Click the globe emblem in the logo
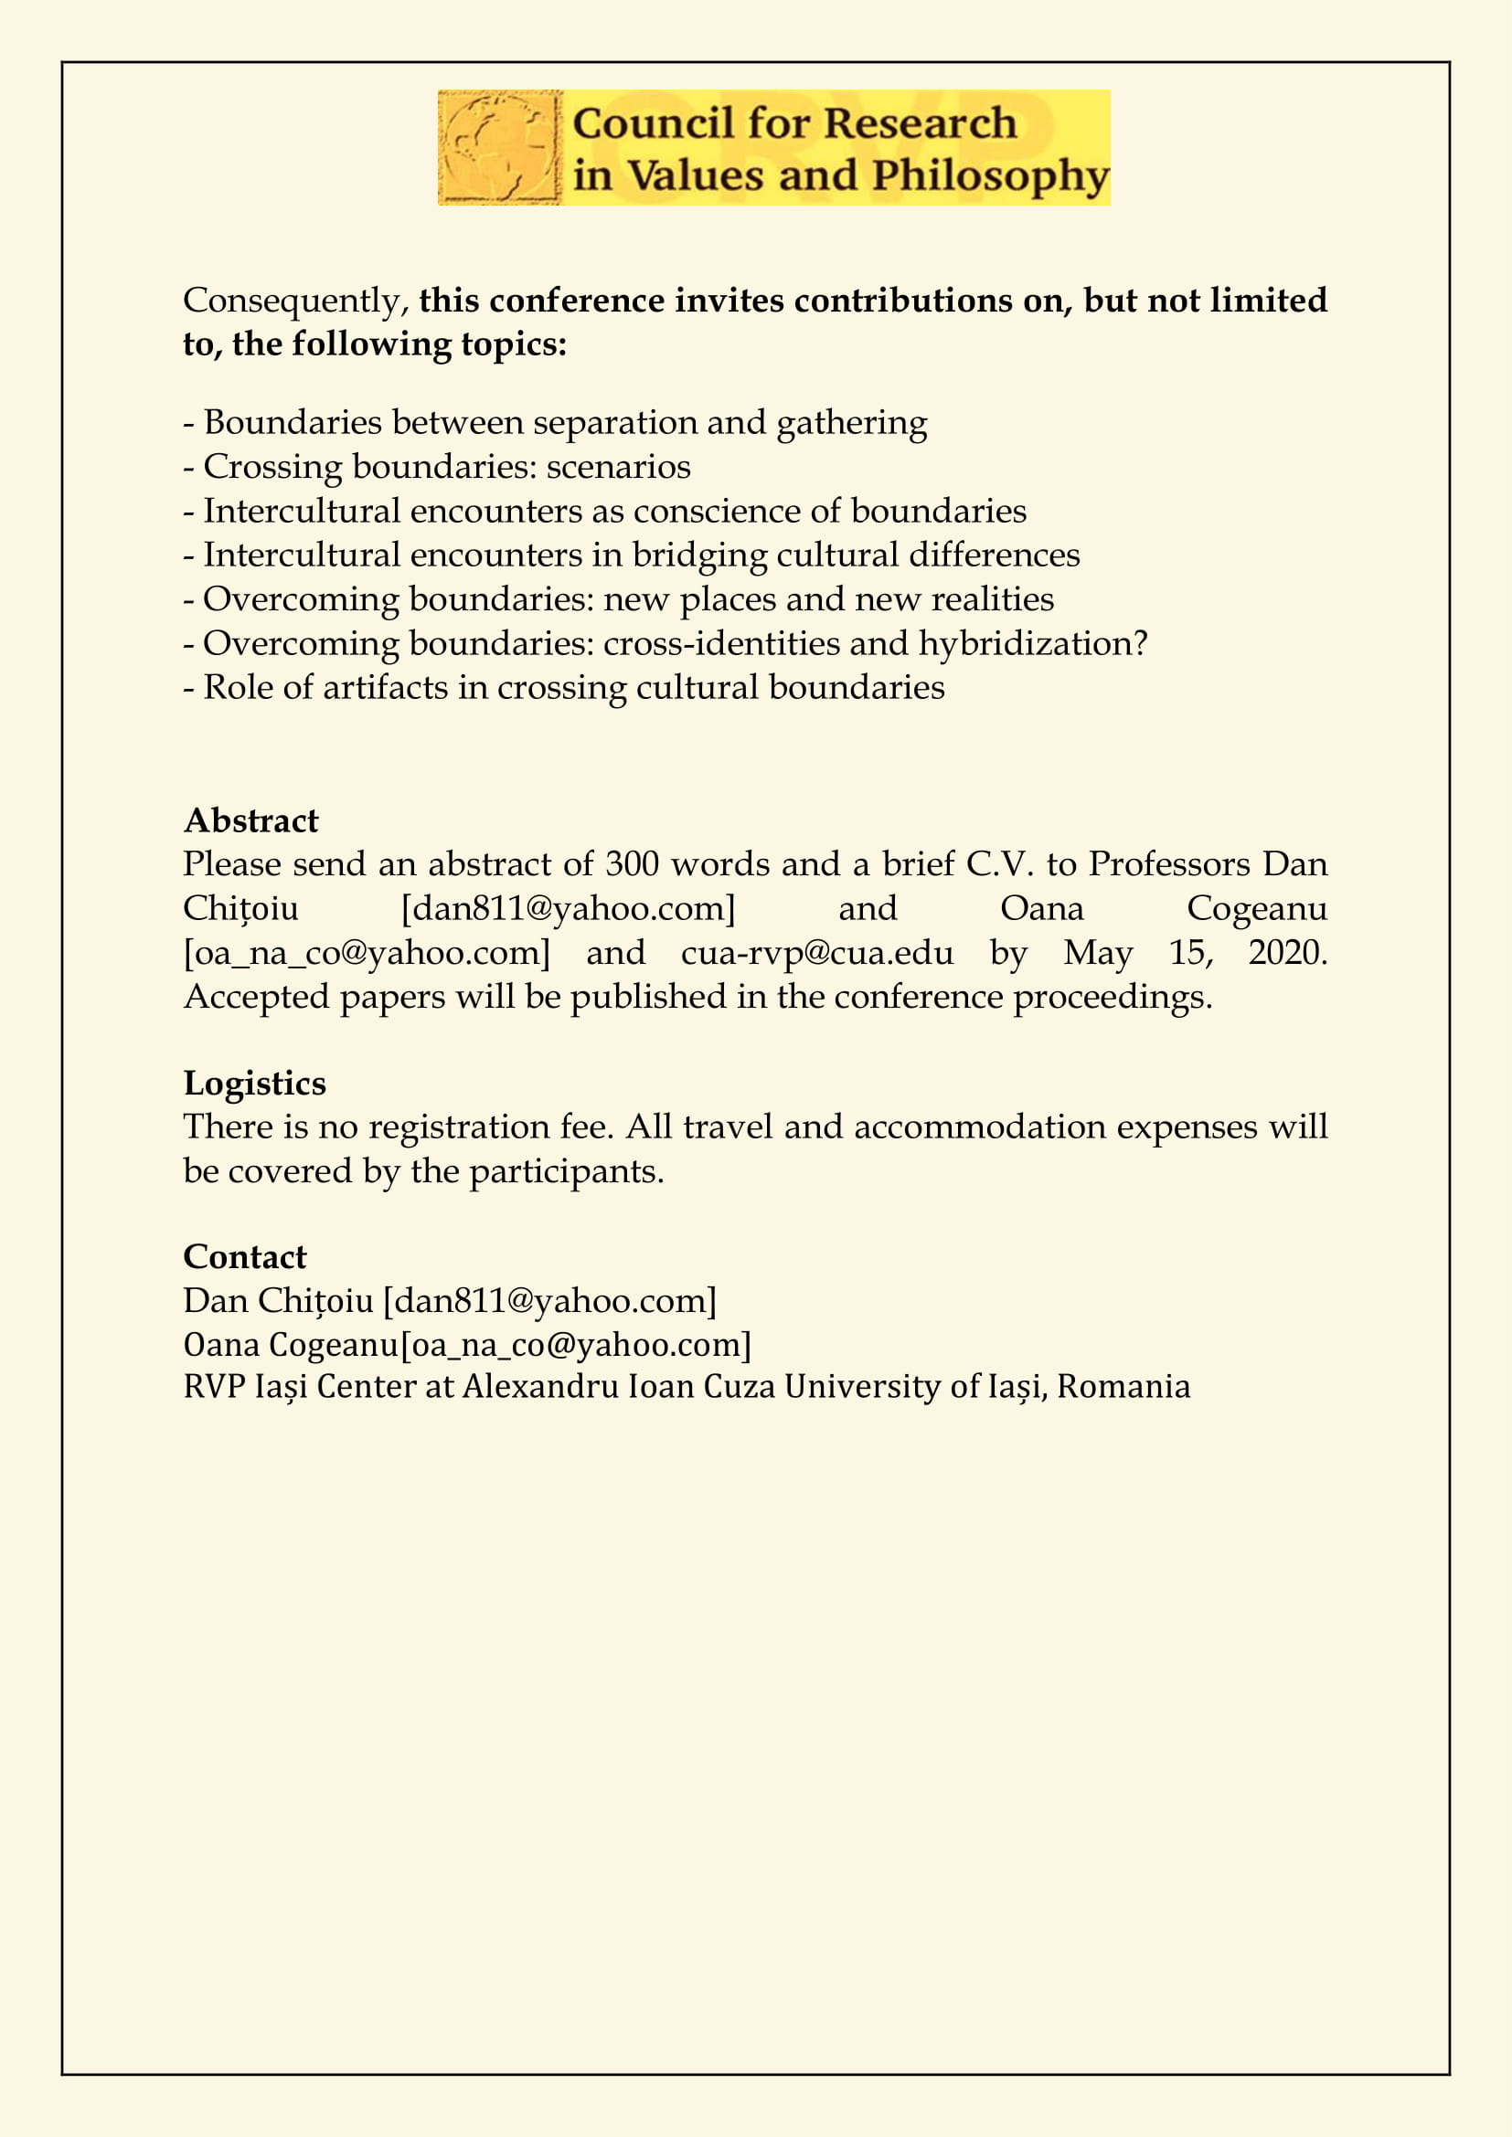[x=500, y=147]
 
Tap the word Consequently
[x=292, y=302]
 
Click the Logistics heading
[x=255, y=1084]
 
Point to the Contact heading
[x=245, y=1257]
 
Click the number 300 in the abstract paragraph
[x=633, y=864]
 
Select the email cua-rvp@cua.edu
[x=817, y=953]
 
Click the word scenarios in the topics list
[x=618, y=467]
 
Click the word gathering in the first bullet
[x=852, y=424]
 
